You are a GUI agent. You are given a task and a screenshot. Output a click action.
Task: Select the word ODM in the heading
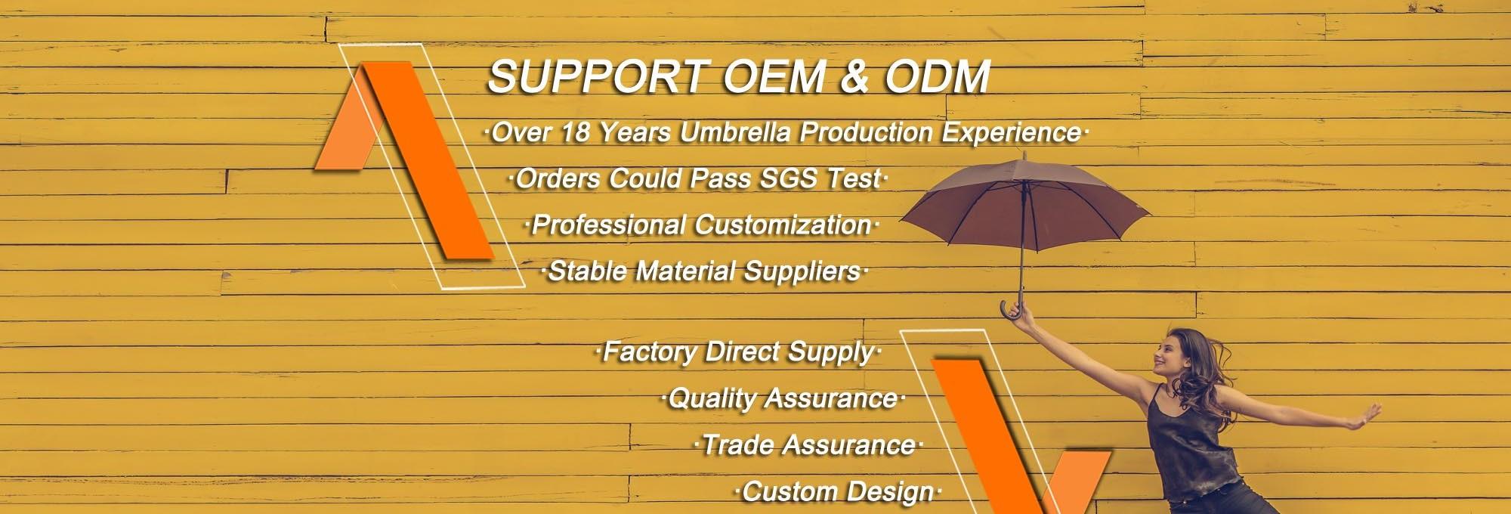[x=937, y=77]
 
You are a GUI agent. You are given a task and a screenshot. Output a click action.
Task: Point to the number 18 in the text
[x=575, y=133]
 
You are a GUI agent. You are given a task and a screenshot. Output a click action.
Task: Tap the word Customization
[x=783, y=225]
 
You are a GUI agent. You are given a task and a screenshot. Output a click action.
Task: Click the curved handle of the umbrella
[x=1012, y=309]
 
